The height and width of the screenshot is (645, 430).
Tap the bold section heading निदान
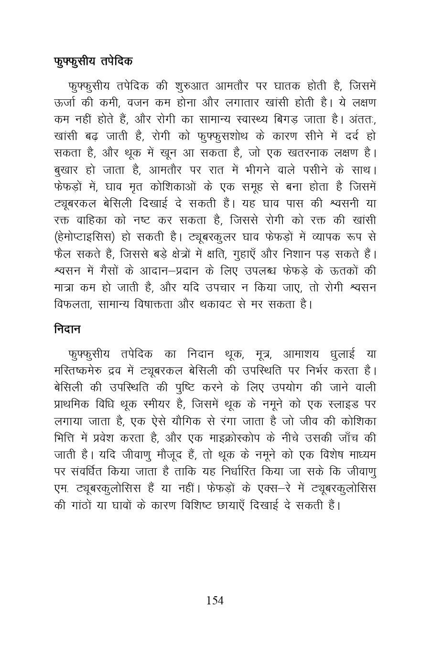click(x=67, y=329)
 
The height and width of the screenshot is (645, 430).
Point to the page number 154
click(x=215, y=601)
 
